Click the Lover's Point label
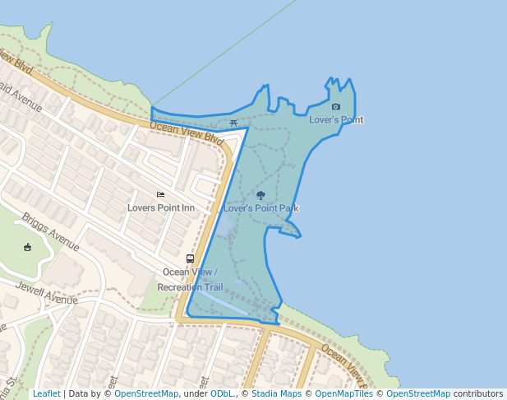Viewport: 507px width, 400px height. click(x=336, y=120)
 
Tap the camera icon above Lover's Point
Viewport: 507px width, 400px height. click(x=335, y=107)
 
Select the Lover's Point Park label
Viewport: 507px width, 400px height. click(x=260, y=208)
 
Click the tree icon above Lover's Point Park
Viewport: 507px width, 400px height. click(x=260, y=196)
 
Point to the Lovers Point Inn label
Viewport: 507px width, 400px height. click(x=161, y=207)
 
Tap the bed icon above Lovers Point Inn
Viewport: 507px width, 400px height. click(x=160, y=195)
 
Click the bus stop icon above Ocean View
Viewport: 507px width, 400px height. click(x=190, y=258)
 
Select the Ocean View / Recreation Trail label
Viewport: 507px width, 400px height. click(x=190, y=280)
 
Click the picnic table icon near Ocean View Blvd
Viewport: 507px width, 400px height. click(x=234, y=123)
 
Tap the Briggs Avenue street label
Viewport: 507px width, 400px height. click(x=51, y=232)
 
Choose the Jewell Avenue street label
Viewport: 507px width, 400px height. click(x=39, y=292)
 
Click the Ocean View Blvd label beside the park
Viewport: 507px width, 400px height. click(x=187, y=131)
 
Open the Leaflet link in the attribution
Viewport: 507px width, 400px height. click(x=46, y=393)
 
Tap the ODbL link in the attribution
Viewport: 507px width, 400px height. click(x=222, y=393)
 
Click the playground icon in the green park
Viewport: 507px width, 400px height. click(x=27, y=247)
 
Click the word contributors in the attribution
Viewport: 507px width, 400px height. click(x=479, y=393)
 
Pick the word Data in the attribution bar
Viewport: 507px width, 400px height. click(x=79, y=393)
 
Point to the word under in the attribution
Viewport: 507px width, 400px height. click(x=195, y=393)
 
